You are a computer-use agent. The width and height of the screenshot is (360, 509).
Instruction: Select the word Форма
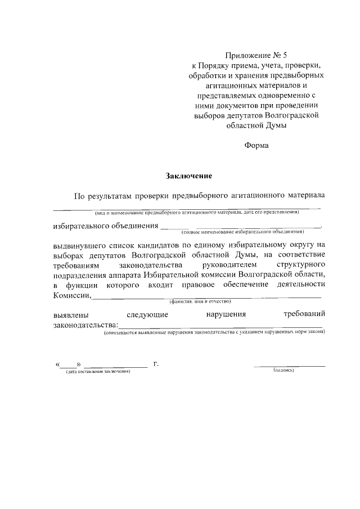[x=256, y=146]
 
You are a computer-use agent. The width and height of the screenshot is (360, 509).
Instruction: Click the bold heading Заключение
[x=188, y=176]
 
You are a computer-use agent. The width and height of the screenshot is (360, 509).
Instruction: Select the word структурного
[x=301, y=264]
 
